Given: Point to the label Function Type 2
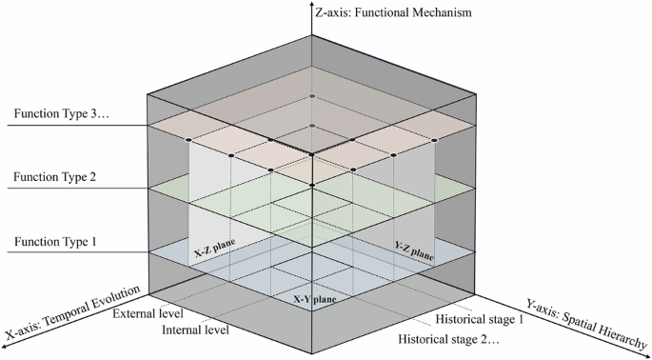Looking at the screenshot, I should [x=53, y=177].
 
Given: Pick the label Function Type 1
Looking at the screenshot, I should [x=53, y=242].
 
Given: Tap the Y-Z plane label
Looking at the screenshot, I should [x=414, y=250].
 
